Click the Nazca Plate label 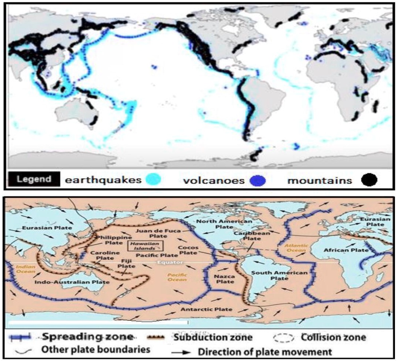(x=225, y=278)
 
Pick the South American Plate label (x=279, y=276)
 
